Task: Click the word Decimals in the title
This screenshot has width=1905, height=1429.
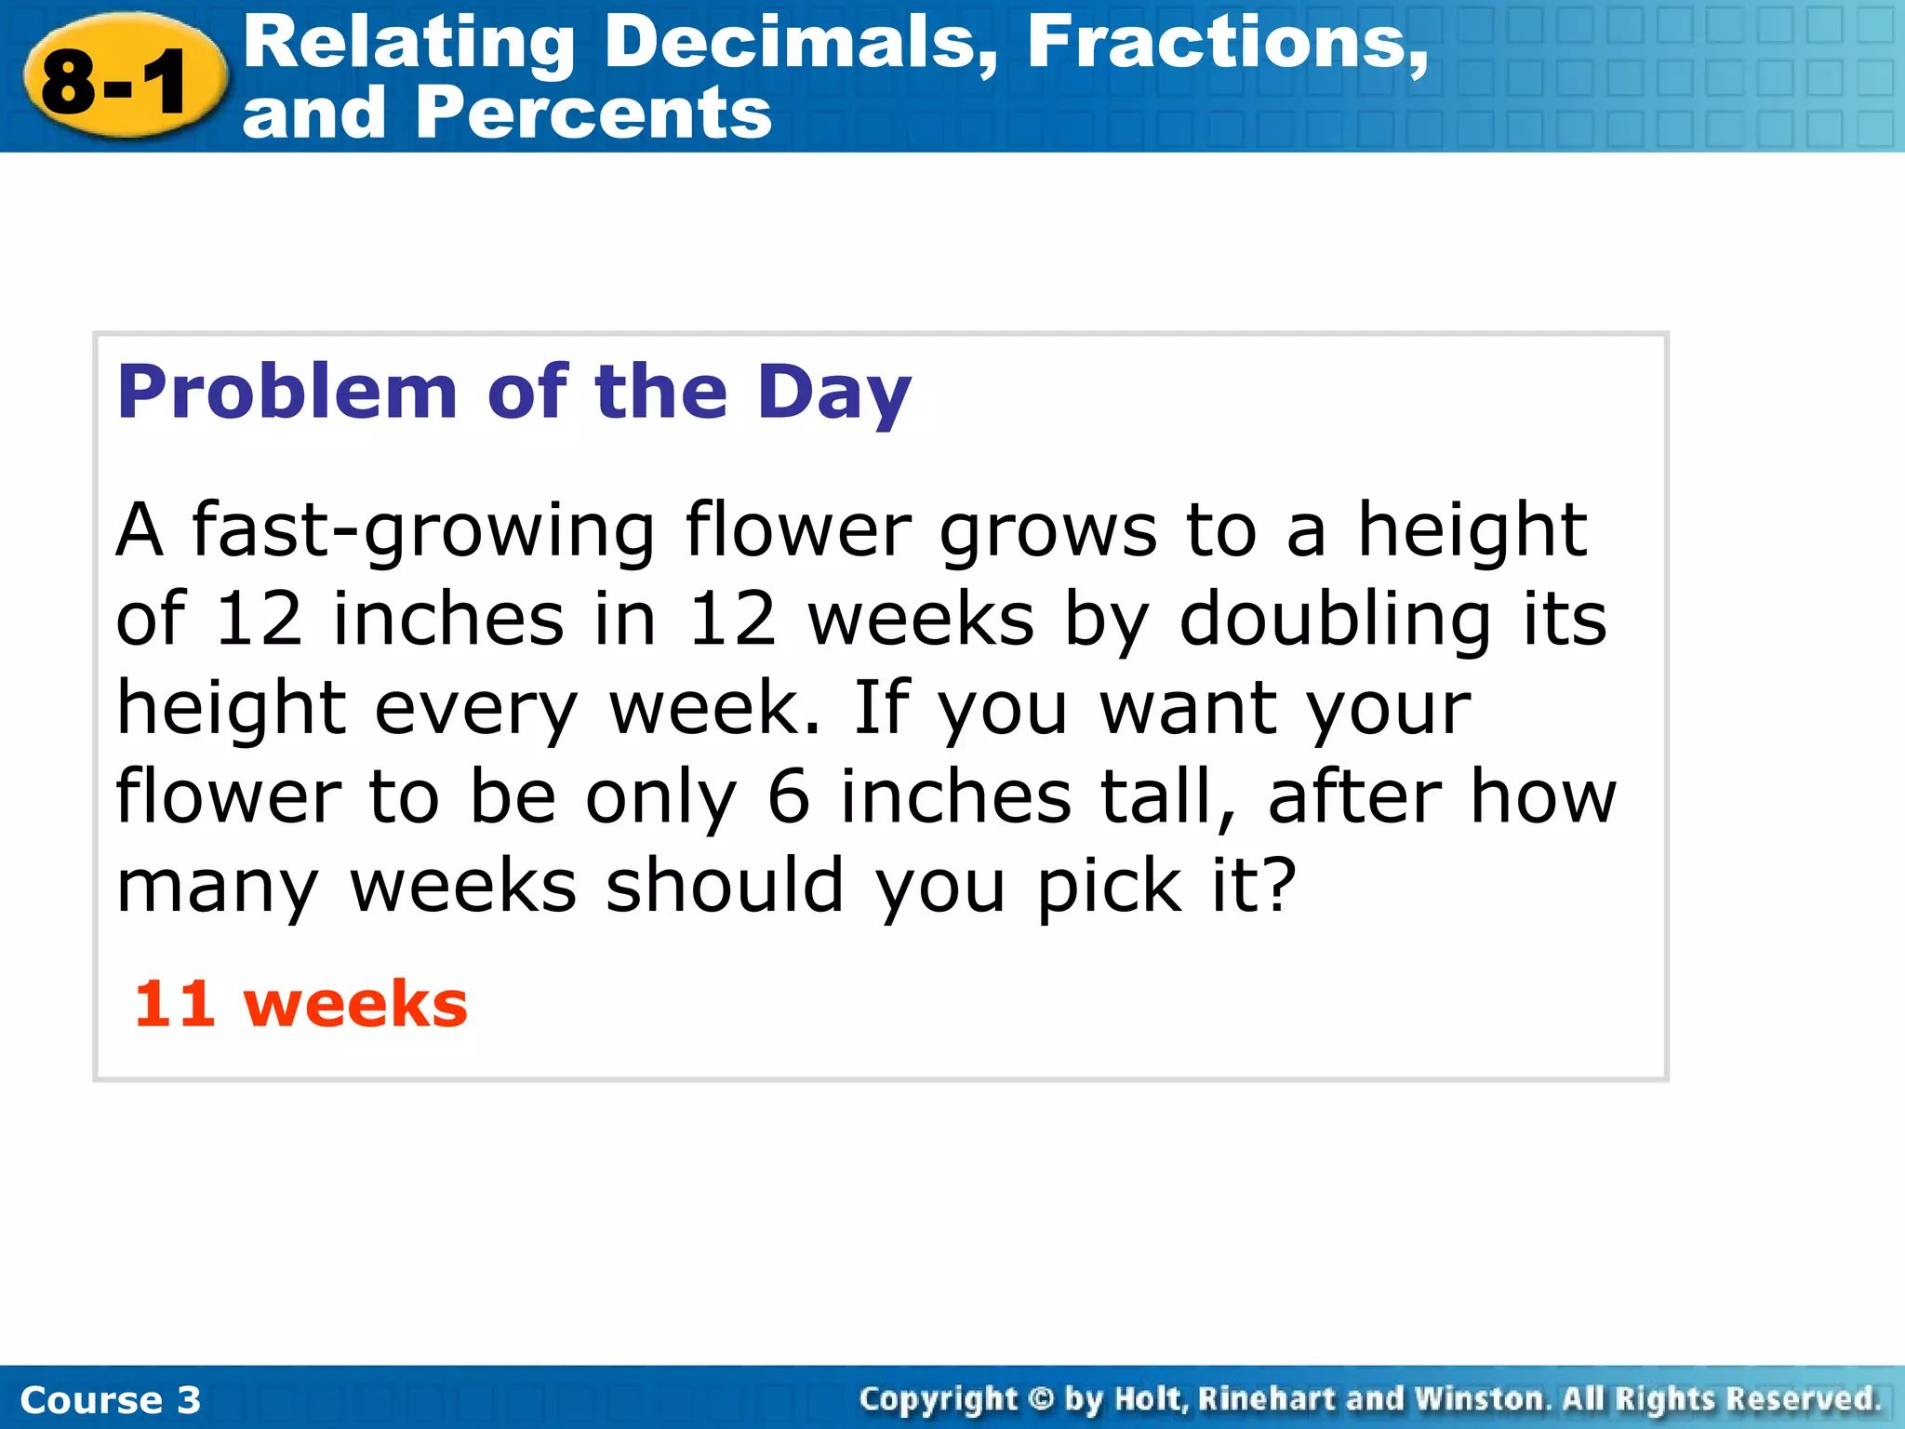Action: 800,43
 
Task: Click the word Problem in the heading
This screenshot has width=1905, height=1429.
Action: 286,392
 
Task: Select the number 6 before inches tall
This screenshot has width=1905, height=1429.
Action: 788,797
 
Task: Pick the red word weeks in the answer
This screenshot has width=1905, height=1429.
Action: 355,1005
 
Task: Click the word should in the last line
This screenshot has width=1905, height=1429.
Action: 725,886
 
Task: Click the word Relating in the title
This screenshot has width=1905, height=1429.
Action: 409,43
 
